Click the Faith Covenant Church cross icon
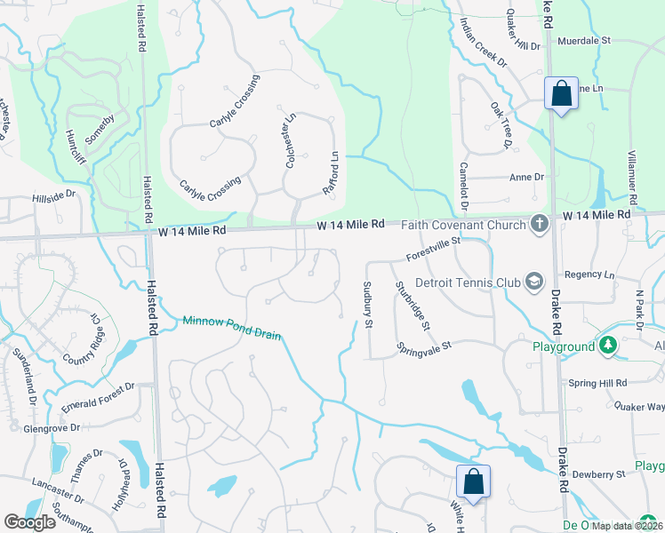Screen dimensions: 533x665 pos(539,224)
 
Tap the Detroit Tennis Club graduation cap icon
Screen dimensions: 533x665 pos(534,282)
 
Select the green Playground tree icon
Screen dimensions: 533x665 pos(608,345)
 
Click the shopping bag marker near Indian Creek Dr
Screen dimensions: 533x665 pos(561,93)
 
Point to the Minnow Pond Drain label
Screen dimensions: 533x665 pos(232,328)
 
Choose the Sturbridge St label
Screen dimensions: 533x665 pos(413,306)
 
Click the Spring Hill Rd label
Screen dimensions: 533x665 pos(597,383)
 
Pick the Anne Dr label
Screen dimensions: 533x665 pos(526,177)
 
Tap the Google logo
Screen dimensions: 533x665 pos(30,522)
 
